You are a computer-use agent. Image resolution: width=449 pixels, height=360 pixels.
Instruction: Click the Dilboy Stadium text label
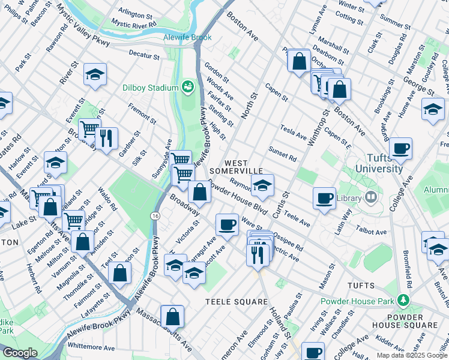[151, 88]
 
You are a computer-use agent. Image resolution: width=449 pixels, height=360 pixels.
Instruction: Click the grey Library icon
[370, 197]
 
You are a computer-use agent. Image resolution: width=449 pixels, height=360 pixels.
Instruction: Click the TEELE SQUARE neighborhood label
[237, 301]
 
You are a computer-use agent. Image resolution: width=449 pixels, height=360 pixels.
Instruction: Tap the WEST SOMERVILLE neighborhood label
[244, 167]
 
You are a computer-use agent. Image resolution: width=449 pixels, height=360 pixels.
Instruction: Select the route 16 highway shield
[155, 215]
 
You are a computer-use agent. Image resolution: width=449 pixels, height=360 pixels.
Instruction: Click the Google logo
[20, 352]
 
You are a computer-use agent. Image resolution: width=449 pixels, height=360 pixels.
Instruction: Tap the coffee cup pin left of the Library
[325, 198]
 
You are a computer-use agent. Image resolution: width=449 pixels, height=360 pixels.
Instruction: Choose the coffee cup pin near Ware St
[227, 224]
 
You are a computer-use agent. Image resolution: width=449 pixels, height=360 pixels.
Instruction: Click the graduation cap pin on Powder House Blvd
[262, 187]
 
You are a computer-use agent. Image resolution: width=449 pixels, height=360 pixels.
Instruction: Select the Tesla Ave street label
[294, 132]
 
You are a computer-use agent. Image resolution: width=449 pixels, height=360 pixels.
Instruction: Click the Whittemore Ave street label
[91, 347]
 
